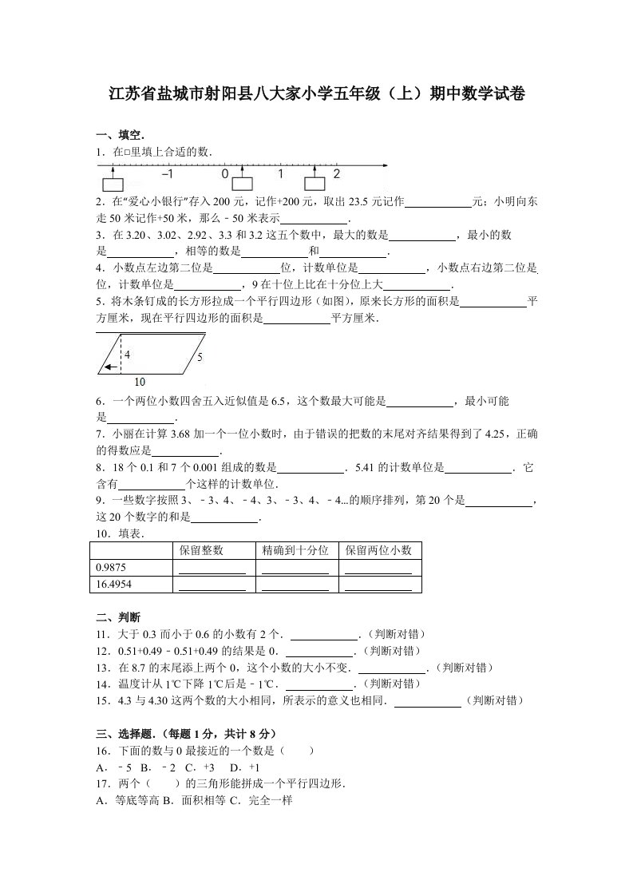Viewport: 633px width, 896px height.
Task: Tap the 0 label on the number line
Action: click(225, 174)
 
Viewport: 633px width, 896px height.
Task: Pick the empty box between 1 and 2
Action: click(317, 184)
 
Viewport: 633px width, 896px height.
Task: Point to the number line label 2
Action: click(337, 174)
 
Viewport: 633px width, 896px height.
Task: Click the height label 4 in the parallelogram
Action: click(128, 354)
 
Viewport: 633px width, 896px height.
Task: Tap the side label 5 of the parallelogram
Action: click(200, 358)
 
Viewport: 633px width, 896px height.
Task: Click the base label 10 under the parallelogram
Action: click(140, 381)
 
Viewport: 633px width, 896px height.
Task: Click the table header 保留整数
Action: click(201, 550)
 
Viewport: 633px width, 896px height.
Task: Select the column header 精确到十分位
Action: click(295, 550)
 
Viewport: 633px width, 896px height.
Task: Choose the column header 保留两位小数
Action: click(378, 550)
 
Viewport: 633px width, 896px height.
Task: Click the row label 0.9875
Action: click(111, 567)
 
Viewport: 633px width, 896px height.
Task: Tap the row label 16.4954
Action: click(113, 584)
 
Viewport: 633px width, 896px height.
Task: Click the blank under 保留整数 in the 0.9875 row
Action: click(212, 569)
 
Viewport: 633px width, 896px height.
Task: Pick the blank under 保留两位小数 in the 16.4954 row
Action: click(378, 585)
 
